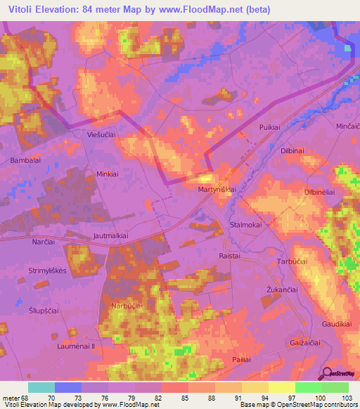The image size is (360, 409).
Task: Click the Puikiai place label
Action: tap(270, 127)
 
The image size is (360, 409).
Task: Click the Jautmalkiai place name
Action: tap(115, 238)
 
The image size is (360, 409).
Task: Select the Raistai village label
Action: tap(231, 257)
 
